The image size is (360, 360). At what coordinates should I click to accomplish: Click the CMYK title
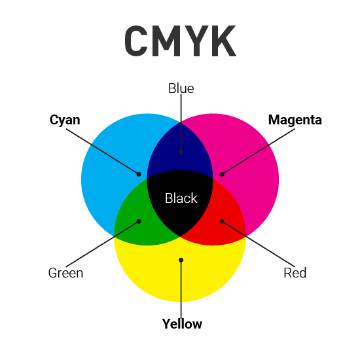pos(180,42)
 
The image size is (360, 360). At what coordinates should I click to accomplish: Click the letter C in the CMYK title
pos(137,42)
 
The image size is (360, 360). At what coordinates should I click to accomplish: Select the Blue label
pos(181,88)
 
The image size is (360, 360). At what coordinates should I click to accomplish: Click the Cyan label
pos(65,120)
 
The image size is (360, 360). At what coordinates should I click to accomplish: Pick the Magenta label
pos(295,120)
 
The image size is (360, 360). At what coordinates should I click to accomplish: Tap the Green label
pos(65,273)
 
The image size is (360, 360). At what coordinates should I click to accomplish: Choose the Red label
pos(295,273)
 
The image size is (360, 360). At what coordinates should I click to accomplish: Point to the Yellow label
pos(182,324)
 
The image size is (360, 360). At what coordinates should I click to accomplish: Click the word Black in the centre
pos(181,198)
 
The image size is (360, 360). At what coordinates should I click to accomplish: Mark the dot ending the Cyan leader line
pos(139,174)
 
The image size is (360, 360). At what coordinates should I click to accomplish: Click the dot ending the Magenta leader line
pos(222,174)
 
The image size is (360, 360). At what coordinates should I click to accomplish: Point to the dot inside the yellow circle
pos(181,260)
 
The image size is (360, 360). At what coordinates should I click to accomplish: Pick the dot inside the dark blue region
pos(181,152)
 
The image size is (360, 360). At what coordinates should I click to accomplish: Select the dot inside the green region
pos(139,221)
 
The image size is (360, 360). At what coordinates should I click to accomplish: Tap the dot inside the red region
pos(222,221)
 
